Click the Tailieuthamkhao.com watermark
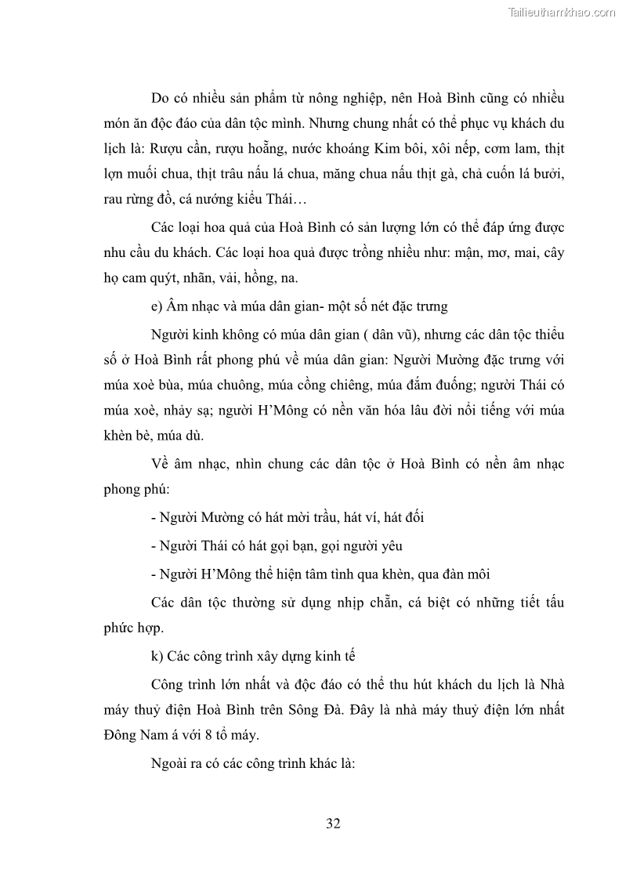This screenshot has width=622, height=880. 562,12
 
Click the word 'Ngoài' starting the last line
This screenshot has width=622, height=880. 169,762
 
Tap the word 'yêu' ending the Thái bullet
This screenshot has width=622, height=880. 391,545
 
